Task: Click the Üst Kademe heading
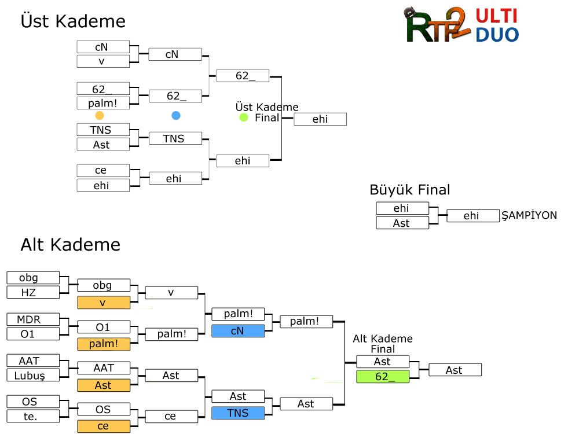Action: point(73,21)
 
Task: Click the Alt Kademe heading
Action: point(70,244)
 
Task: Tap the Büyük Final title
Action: point(409,190)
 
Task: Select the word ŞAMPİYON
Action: point(529,215)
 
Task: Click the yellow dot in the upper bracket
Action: point(100,116)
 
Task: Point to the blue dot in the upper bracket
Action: point(176,116)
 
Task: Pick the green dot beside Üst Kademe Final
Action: point(244,117)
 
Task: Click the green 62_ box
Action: point(382,377)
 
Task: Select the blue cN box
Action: point(238,331)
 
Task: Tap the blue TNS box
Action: point(238,413)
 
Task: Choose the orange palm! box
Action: point(104,344)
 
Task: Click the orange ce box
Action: point(104,426)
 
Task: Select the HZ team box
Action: point(33,292)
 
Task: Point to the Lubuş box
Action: point(33,375)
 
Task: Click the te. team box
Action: point(33,415)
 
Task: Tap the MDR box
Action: point(33,319)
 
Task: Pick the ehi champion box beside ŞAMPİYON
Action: point(472,216)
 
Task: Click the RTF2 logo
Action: point(437,27)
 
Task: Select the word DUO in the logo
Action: point(497,34)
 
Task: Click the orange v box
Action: point(104,303)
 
